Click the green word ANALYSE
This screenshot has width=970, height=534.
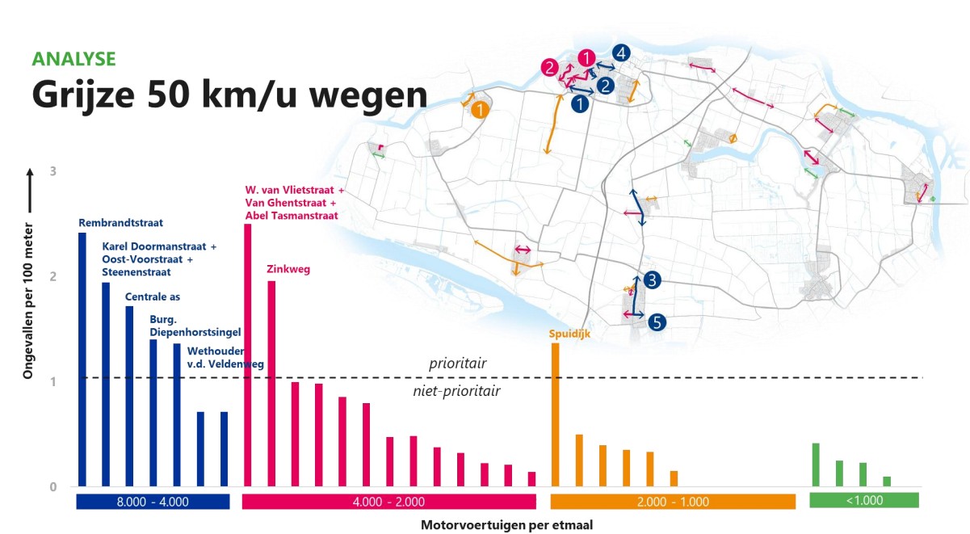click(73, 59)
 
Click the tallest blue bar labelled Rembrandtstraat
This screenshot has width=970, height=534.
click(82, 360)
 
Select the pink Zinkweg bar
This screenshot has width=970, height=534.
click(271, 384)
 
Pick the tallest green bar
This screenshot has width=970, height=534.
click(816, 465)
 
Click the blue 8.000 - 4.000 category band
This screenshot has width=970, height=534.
click(153, 502)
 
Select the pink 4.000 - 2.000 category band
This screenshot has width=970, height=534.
click(388, 502)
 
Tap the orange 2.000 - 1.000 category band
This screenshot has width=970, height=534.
click(673, 502)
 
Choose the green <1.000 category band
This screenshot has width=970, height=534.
click(864, 501)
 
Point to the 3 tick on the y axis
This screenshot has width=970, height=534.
click(53, 172)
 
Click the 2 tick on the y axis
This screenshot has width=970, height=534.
click(53, 277)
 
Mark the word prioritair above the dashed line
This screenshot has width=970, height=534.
click(458, 364)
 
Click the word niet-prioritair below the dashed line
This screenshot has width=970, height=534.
click(463, 392)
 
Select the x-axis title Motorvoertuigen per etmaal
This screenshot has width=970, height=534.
click(506, 525)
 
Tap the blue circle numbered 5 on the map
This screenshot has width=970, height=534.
click(657, 322)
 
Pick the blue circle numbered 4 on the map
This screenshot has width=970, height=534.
click(620, 53)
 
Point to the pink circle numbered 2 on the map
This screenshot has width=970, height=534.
click(550, 68)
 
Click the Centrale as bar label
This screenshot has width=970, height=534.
click(153, 298)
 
